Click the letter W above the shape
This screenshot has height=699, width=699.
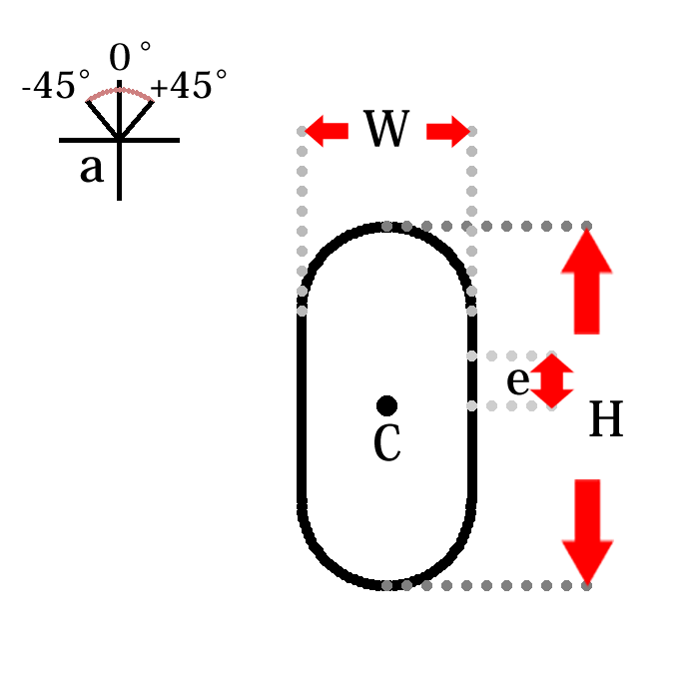click(x=386, y=130)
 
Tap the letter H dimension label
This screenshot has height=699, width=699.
click(x=605, y=420)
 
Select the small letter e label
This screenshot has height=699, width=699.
click(x=516, y=380)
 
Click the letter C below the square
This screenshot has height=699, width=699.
click(x=386, y=444)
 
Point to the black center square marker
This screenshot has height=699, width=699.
click(x=386, y=404)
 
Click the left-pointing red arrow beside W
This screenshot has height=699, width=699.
click(x=327, y=130)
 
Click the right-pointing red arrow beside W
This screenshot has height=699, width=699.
click(x=447, y=130)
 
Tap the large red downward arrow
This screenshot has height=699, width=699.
click(x=586, y=529)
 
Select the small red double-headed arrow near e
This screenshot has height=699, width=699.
click(x=551, y=381)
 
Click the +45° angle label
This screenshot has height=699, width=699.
click(x=188, y=87)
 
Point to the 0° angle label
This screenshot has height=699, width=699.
click(x=130, y=57)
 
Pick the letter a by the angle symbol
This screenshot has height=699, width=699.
click(x=91, y=169)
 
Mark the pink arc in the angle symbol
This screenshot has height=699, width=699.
click(x=120, y=91)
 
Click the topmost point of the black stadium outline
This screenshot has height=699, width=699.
click(x=386, y=226)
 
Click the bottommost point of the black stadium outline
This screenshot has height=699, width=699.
click(x=386, y=584)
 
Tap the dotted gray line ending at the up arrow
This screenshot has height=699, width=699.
click(x=499, y=226)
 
